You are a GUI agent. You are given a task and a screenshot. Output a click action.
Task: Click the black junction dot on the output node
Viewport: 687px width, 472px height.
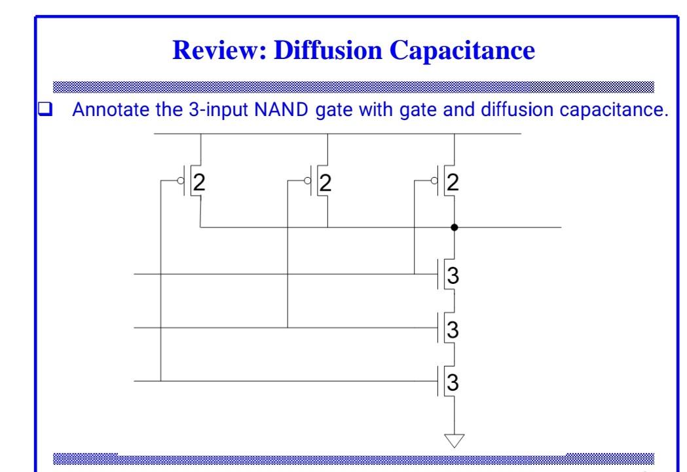pyautogui.click(x=455, y=227)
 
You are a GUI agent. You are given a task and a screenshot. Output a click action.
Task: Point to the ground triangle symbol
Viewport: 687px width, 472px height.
pyautogui.click(x=455, y=440)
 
